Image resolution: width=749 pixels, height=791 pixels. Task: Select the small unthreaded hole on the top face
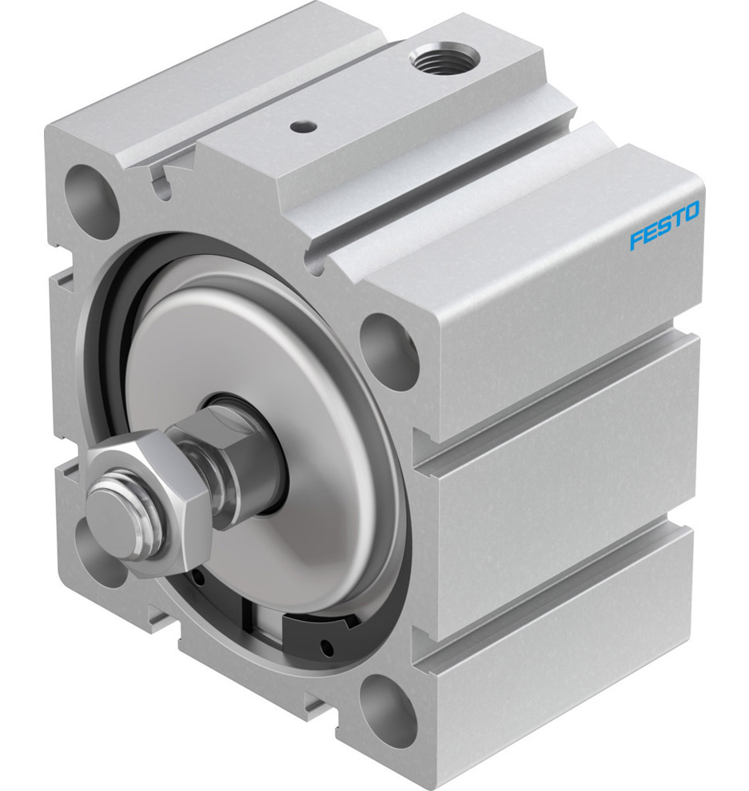coord(301,125)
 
